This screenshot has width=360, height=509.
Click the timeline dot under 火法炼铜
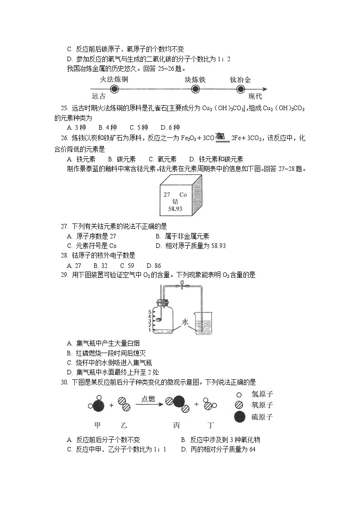[x=114, y=89]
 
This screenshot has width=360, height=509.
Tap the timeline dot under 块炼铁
[x=195, y=89]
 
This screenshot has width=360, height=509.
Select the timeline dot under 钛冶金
[x=240, y=89]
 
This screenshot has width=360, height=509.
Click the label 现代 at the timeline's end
[x=255, y=96]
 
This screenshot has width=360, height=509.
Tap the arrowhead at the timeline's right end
[x=264, y=89]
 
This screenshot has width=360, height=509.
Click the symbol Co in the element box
[x=183, y=194]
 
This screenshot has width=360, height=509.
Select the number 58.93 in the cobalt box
[x=175, y=209]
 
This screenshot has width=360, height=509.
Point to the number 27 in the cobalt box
[x=167, y=194]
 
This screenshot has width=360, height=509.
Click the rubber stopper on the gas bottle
[x=163, y=303]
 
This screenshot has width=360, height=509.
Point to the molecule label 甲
[x=97, y=426]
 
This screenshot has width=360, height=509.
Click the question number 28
[x=64, y=256]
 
